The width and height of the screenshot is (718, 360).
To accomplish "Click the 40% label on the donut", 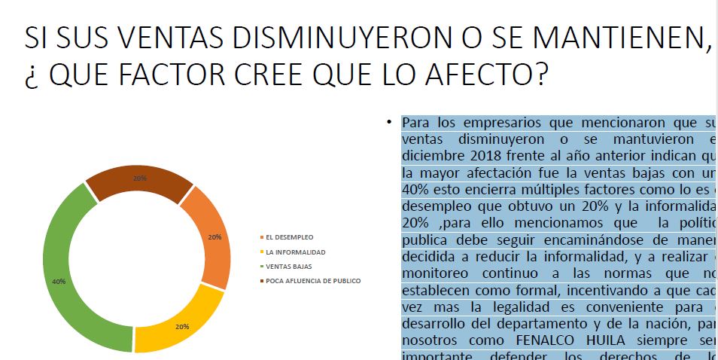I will (59, 281).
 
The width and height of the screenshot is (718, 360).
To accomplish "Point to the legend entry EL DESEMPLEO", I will (290, 237).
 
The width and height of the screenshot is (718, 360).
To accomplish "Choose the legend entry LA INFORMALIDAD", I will (295, 252).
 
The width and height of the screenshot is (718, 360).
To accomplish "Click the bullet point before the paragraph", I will (389, 122).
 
